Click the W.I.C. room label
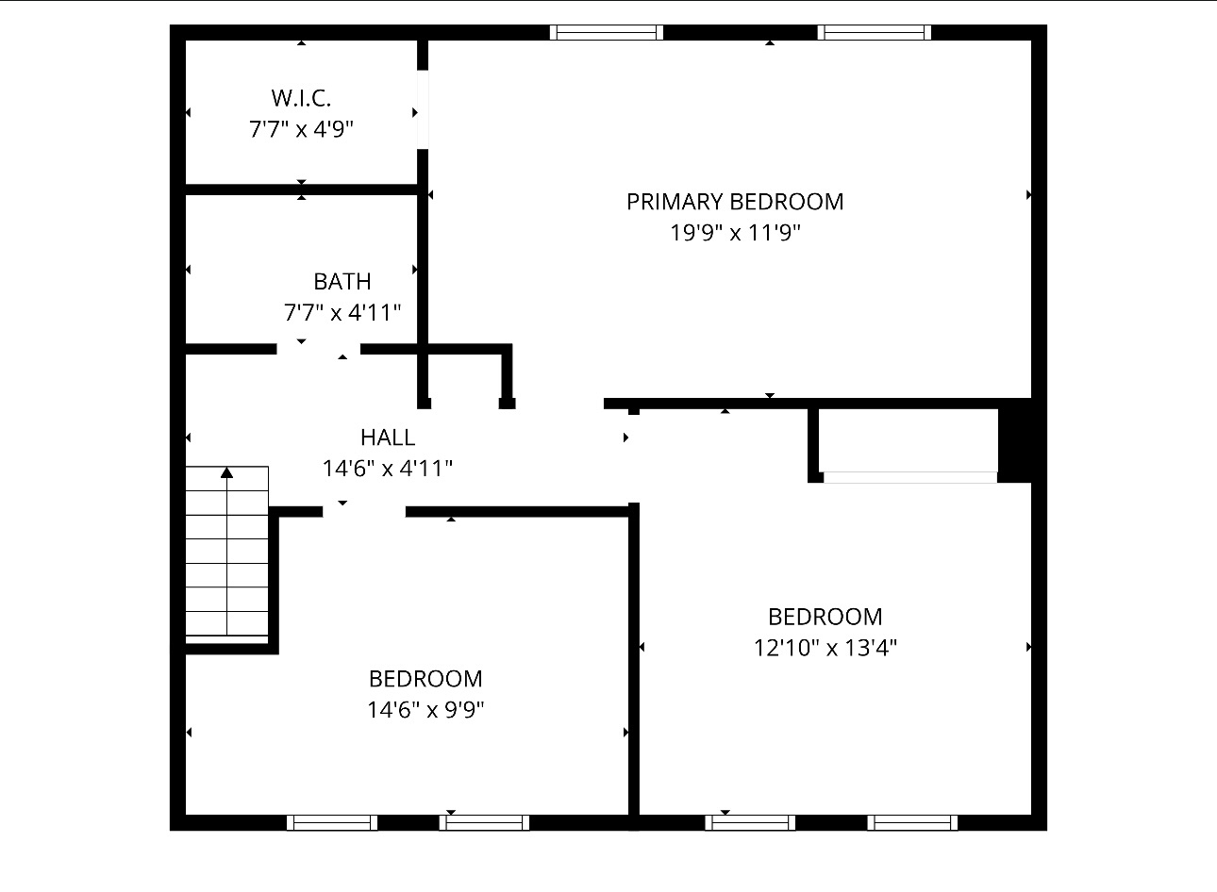[301, 98]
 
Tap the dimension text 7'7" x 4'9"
[301, 129]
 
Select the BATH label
[342, 282]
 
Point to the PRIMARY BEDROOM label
[735, 202]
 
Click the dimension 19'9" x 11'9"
[735, 233]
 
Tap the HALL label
[388, 438]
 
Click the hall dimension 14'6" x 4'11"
[388, 469]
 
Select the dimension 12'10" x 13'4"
[825, 648]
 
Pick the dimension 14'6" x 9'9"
[425, 710]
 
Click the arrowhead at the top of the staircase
[226, 472]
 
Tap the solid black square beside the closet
[1015, 440]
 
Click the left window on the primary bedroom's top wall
[607, 32]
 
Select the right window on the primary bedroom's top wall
[875, 32]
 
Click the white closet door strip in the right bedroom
[910, 477]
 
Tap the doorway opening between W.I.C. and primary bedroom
[423, 109]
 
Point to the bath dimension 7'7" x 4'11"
[342, 313]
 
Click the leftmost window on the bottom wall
[332, 822]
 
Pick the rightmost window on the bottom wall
[912, 822]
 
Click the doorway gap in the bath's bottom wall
[319, 349]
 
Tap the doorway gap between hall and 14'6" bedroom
[364, 512]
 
